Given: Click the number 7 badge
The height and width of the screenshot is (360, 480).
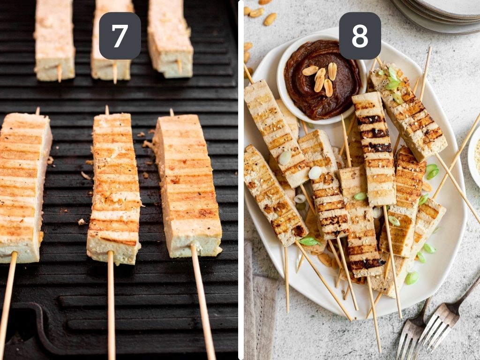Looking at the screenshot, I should (120, 36).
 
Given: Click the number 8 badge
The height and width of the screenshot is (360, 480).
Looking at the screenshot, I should (360, 36).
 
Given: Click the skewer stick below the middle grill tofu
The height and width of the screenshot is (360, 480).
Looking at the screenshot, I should (111, 305).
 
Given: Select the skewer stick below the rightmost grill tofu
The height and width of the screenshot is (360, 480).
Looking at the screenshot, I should (203, 305).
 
